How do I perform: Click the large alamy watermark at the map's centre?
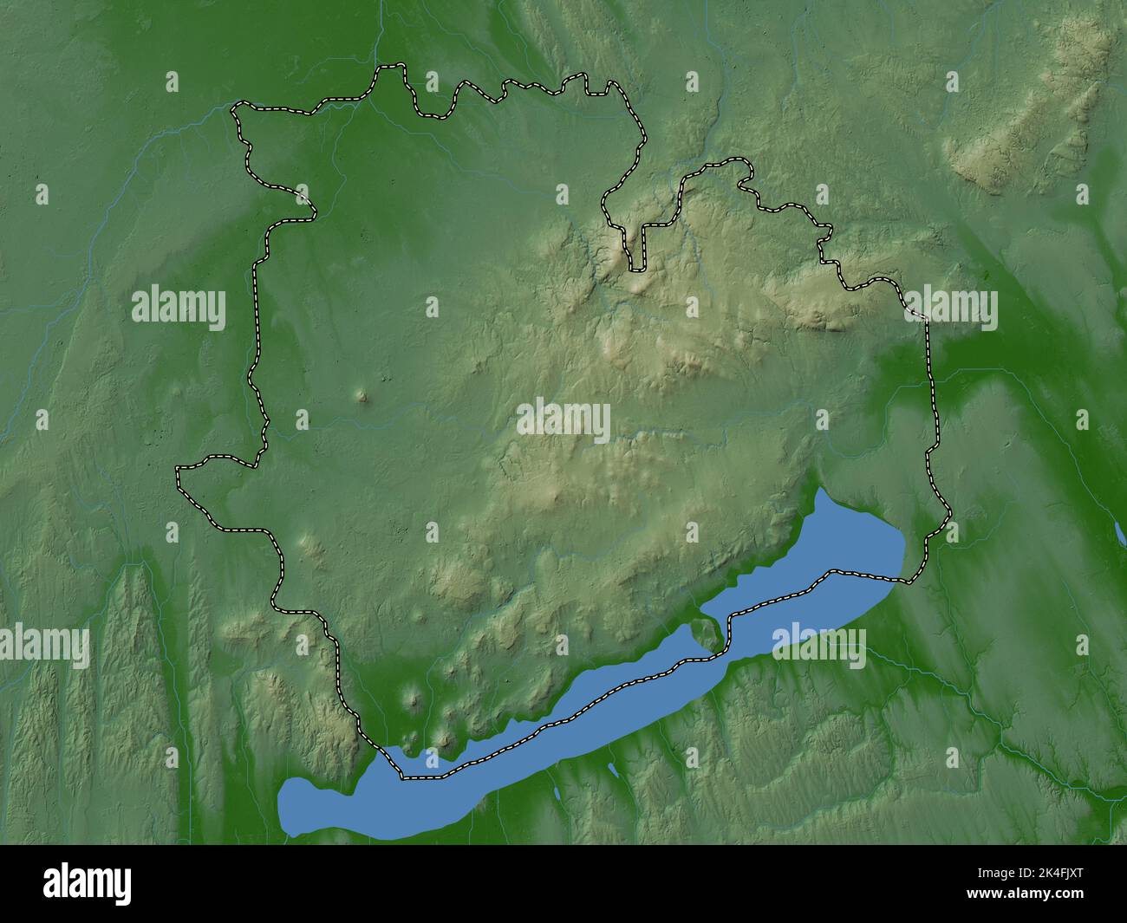563,420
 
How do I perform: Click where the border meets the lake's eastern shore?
906,579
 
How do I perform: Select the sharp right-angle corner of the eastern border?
925,320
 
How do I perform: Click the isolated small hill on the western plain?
362,398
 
